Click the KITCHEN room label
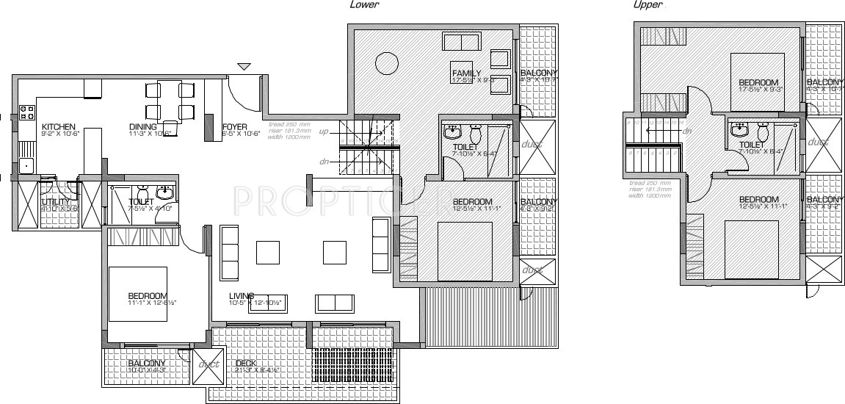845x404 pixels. pyautogui.click(x=59, y=126)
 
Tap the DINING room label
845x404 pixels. pyautogui.click(x=143, y=126)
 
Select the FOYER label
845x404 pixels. pyautogui.click(x=234, y=126)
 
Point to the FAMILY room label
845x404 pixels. pyautogui.click(x=466, y=73)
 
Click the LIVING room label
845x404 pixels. pyautogui.click(x=242, y=295)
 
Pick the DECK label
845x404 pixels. pyautogui.click(x=245, y=363)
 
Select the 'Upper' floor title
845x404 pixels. pyautogui.click(x=648, y=4)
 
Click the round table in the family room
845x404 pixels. pyautogui.click(x=385, y=63)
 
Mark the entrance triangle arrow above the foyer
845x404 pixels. pyautogui.click(x=244, y=67)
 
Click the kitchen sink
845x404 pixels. pyautogui.click(x=26, y=165)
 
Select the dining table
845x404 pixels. pyautogui.click(x=169, y=101)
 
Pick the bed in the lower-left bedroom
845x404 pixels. pyautogui.click(x=138, y=294)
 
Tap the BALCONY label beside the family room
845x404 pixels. pyautogui.click(x=538, y=74)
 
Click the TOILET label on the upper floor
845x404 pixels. pyautogui.click(x=752, y=145)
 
